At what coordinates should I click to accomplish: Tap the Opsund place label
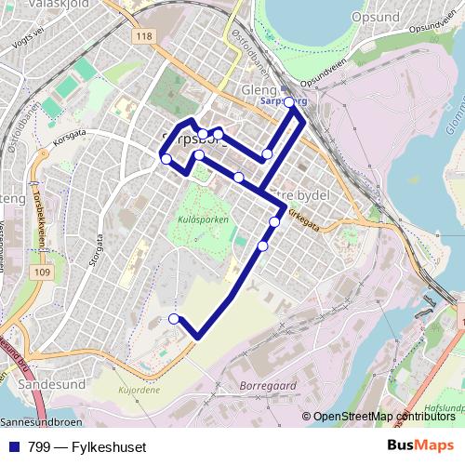(376, 18)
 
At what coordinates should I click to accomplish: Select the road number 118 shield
(142, 36)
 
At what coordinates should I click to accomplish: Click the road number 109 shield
(40, 272)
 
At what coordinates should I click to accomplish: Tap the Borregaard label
(267, 382)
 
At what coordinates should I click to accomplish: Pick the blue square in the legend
(12, 447)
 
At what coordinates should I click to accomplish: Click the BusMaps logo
(420, 446)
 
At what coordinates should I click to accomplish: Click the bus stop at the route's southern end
(174, 319)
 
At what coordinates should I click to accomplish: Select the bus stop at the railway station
(288, 101)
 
